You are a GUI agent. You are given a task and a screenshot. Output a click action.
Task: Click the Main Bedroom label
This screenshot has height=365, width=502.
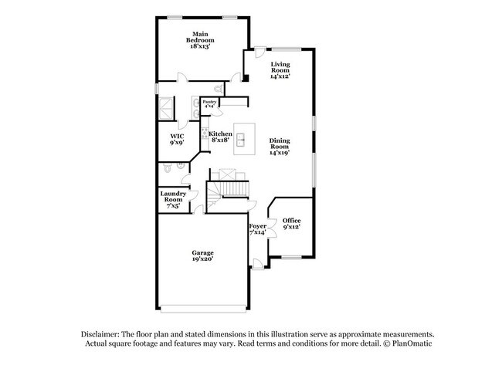click(200, 37)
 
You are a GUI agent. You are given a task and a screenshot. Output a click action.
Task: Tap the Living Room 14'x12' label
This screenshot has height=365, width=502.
click(280, 70)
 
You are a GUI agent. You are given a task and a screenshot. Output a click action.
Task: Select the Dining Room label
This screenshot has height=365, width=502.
click(280, 144)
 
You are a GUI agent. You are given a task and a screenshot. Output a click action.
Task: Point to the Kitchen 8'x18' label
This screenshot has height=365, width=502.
click(220, 137)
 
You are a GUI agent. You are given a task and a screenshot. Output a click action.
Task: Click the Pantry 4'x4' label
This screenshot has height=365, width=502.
click(209, 103)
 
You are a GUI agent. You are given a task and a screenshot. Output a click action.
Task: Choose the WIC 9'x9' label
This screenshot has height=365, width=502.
click(177, 140)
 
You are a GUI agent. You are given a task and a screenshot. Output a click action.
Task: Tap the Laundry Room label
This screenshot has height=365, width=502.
click(173, 197)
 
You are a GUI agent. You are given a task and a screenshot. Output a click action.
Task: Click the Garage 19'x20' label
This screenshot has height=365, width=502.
click(202, 255)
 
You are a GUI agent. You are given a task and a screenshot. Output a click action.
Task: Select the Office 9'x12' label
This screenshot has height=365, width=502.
click(291, 224)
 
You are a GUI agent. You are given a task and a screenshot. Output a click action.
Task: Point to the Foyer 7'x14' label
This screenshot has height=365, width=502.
click(258, 229)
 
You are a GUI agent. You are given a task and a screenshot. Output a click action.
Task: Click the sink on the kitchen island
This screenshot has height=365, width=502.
click(241, 140)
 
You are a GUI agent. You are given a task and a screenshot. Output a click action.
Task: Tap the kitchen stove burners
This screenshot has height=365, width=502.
click(205, 133)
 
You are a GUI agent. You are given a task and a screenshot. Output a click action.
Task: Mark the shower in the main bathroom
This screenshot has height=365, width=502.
click(167, 108)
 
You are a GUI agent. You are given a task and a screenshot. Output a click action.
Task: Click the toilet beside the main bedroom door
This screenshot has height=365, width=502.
click(218, 88)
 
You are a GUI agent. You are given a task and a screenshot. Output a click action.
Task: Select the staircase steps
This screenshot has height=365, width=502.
click(235, 189)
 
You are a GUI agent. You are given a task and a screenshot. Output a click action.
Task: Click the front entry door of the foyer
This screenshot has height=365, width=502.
click(258, 264)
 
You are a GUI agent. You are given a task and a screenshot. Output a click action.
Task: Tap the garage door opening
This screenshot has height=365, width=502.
click(203, 309)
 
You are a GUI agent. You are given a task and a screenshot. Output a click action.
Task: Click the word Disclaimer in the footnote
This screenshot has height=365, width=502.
click(100, 335)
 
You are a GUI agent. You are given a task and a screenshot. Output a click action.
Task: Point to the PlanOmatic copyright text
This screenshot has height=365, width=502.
click(408, 343)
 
